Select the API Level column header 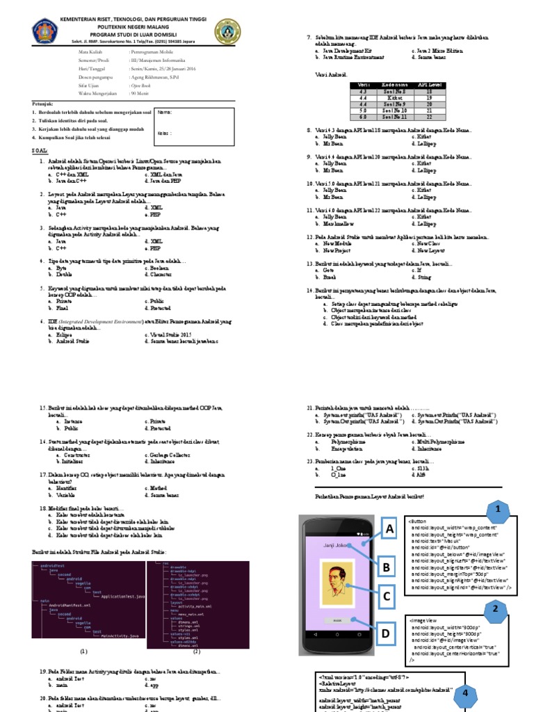point(429,85)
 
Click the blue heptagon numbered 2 point(496,609)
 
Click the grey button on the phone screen point(337,620)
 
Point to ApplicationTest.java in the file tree point(122,597)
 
